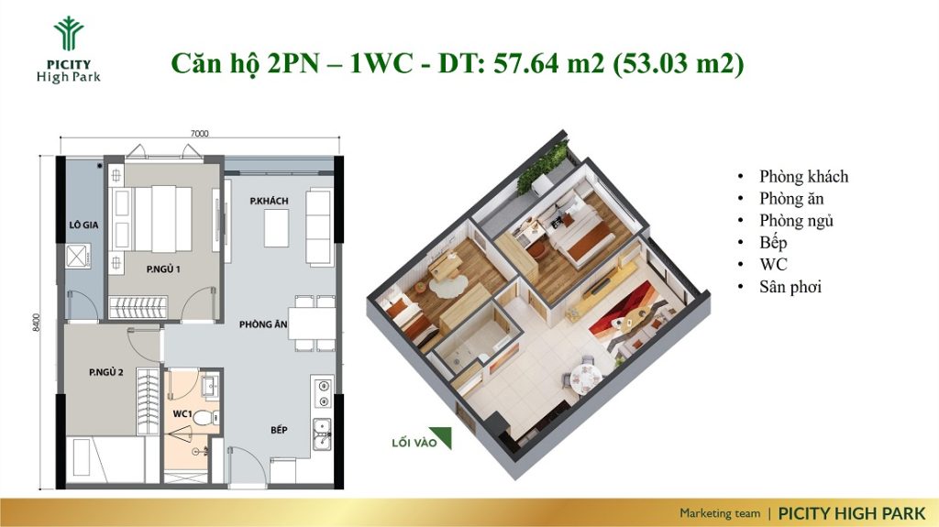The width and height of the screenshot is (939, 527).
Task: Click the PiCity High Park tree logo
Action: click(68, 34)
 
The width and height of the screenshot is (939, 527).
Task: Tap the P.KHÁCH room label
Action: click(269, 202)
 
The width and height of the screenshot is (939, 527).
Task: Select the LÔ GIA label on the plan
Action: click(83, 225)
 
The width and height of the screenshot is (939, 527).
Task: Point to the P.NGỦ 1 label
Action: click(163, 269)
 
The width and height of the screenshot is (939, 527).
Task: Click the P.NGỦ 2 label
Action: click(106, 372)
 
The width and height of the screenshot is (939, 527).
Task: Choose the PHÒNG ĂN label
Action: click(263, 324)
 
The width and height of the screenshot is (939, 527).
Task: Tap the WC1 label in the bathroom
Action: click(182, 414)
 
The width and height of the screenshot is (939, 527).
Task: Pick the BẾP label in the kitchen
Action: click(279, 430)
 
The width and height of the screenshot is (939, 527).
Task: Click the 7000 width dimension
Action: click(199, 134)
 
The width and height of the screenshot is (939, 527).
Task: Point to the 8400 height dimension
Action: click(37, 323)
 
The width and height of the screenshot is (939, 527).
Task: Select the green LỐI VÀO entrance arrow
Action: click(442, 437)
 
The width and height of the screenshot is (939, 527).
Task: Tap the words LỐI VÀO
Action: click(414, 444)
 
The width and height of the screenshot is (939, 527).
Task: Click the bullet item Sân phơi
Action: click(790, 287)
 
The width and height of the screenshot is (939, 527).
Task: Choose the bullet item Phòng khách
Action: click(803, 177)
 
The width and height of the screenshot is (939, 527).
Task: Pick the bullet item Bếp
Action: click(773, 243)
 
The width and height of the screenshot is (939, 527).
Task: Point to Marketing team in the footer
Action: click(720, 513)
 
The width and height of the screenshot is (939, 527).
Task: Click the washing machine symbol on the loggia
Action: click(78, 257)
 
